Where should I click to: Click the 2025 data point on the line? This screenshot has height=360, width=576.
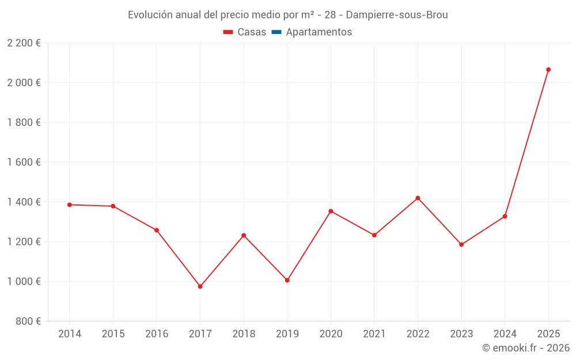548,70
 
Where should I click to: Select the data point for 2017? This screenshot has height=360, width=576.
200,286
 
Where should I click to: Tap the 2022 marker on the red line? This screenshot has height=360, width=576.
418,198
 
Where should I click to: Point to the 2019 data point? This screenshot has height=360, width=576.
287,281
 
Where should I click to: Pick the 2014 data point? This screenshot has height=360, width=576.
70,204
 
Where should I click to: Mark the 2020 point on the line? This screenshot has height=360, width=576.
331,211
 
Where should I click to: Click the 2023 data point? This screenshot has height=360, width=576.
461,245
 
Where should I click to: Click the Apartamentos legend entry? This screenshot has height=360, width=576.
319,32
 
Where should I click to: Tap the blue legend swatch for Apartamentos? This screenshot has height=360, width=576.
276,32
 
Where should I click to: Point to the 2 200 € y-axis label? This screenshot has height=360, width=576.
24,43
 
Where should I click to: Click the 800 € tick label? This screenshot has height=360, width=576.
28,321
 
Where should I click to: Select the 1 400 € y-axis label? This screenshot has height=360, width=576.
24,202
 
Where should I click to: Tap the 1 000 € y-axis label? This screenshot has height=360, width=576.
24,282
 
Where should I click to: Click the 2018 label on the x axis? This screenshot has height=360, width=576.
244,334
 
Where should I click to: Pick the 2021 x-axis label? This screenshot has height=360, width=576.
374,334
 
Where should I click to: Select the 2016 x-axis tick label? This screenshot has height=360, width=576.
157,334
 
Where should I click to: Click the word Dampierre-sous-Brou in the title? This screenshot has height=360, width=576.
397,15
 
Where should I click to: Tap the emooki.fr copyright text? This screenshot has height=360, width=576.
526,348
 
